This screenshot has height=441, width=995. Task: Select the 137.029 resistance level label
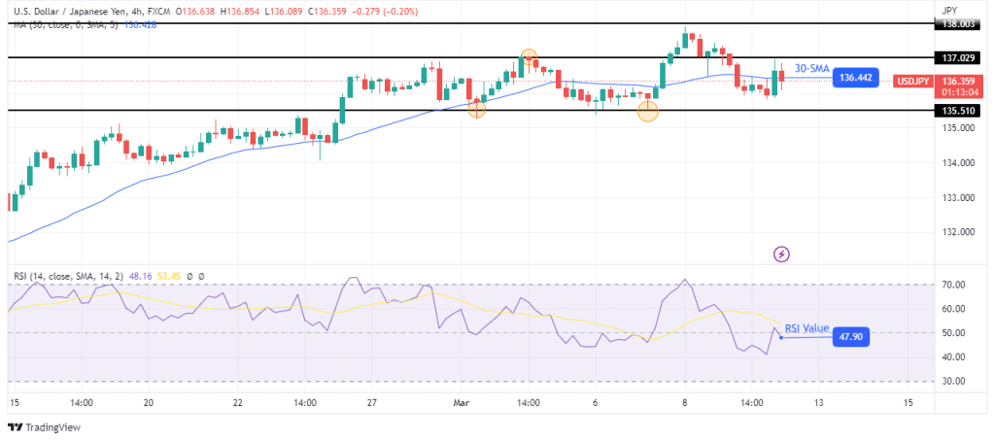(x=959, y=57)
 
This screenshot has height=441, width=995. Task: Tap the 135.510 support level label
(x=959, y=111)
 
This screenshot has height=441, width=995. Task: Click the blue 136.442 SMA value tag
(x=860, y=77)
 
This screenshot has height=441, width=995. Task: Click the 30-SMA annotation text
(x=810, y=68)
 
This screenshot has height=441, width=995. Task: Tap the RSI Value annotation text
(x=807, y=328)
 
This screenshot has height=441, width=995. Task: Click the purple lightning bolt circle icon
(x=782, y=254)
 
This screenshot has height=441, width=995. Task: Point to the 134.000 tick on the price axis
(x=957, y=163)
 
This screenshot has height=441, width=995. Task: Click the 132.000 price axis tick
(x=957, y=233)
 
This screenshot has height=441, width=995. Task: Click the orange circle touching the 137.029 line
(x=528, y=57)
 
